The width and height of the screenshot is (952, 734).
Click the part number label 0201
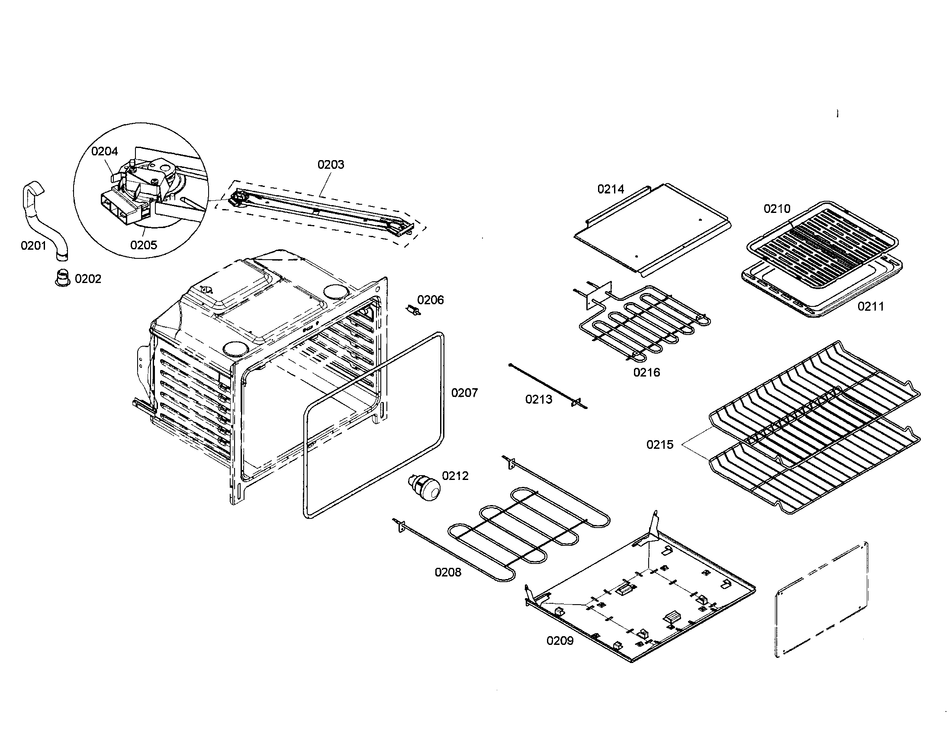[33, 246]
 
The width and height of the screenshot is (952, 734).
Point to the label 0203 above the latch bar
[331, 164]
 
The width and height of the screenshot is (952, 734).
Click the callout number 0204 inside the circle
[104, 151]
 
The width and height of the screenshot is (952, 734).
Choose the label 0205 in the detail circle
[143, 245]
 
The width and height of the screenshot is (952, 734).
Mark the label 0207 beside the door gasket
[464, 393]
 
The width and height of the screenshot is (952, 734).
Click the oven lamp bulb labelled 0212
[424, 487]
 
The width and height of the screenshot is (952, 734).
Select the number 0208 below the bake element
[448, 572]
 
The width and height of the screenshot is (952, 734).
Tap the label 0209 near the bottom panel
[560, 640]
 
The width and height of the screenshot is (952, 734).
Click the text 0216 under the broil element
[646, 372]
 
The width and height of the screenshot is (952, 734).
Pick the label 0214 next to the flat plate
[611, 189]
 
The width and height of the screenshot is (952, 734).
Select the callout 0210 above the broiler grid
[777, 209]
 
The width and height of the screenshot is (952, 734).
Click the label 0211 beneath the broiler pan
[871, 306]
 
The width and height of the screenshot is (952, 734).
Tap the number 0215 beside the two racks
[659, 444]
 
